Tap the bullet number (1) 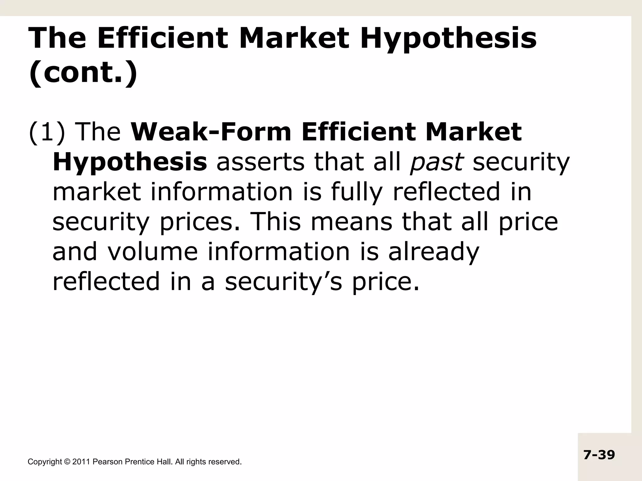click(x=47, y=132)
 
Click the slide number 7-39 click(x=599, y=455)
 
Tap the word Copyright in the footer click(x=45, y=462)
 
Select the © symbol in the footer click(x=67, y=462)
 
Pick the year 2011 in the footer click(x=81, y=462)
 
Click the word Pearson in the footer click(x=108, y=462)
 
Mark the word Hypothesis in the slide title click(x=448, y=39)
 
